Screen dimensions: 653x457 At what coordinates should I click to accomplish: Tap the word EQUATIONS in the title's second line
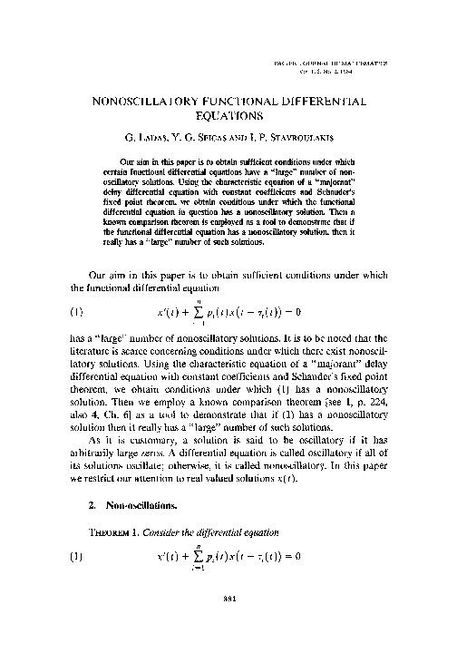click(228, 116)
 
